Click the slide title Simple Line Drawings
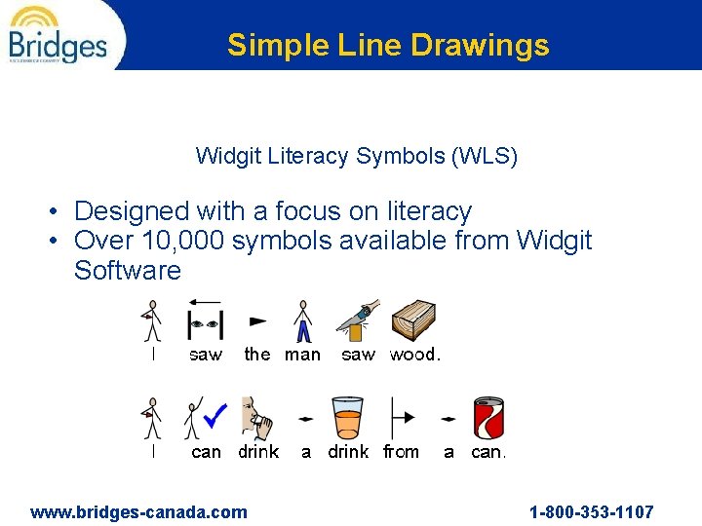click(388, 45)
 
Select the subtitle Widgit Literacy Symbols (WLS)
click(356, 156)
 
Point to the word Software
click(128, 271)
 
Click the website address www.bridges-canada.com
click(139, 512)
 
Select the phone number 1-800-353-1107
click(591, 512)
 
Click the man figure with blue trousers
click(303, 320)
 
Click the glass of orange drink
click(347, 417)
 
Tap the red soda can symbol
click(487, 418)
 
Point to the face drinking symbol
click(257, 418)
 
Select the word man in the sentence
click(302, 355)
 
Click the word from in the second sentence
click(400, 452)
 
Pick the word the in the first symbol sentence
click(257, 355)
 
